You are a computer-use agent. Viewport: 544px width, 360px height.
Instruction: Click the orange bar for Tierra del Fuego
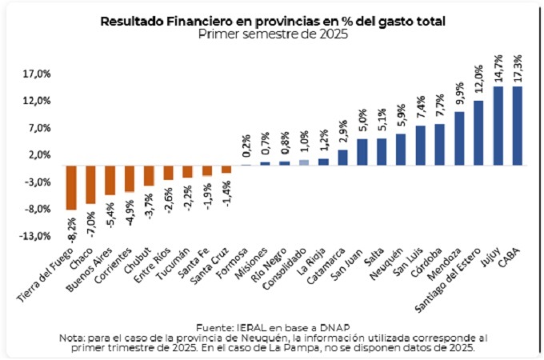tap(70, 187)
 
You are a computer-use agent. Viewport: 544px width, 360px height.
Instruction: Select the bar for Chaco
tap(90, 184)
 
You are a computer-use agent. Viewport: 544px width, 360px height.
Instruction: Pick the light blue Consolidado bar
tap(304, 162)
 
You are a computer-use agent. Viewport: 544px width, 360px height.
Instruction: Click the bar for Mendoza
tap(458, 138)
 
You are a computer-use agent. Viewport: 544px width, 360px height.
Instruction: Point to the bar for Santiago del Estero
tap(478, 133)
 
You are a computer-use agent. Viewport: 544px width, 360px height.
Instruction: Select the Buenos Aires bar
tap(110, 180)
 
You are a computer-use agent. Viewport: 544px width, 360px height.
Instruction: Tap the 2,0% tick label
tap(39, 155)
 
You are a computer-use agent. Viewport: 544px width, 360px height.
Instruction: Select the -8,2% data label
tap(71, 226)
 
